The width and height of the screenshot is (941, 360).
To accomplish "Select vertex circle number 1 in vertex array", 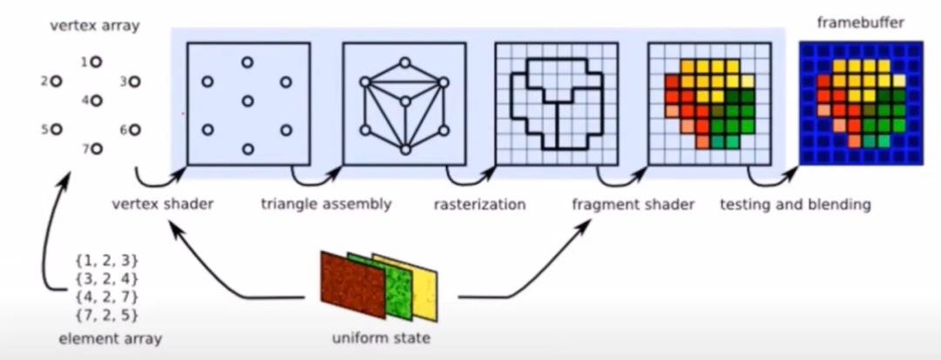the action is [96, 61].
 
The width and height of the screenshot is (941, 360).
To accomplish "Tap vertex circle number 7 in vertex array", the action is [96, 148].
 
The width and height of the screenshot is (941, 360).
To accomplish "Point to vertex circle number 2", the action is [56, 81].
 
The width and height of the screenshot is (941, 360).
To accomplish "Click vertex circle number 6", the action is [134, 130].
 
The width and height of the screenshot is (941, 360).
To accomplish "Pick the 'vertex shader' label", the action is [163, 204].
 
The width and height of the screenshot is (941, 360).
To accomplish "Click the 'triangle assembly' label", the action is [326, 204].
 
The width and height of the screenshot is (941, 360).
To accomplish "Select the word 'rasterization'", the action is [479, 205].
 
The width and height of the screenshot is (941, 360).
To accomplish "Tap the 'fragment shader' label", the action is [633, 204].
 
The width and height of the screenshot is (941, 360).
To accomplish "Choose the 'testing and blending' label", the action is [795, 205].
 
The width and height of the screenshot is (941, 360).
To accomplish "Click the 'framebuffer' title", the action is [861, 23].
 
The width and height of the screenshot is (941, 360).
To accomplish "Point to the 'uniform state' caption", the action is [381, 338].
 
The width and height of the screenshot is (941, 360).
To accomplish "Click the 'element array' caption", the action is [111, 338].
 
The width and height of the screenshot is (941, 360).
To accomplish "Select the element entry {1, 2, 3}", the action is [107, 261].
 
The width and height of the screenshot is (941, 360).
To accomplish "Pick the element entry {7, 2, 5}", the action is [107, 315].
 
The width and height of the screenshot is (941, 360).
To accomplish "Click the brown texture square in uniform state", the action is [353, 285].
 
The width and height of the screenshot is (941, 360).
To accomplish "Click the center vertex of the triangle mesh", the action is [405, 101].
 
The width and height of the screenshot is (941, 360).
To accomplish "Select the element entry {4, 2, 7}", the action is [107, 296].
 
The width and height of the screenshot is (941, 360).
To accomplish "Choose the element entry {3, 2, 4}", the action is [107, 279].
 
